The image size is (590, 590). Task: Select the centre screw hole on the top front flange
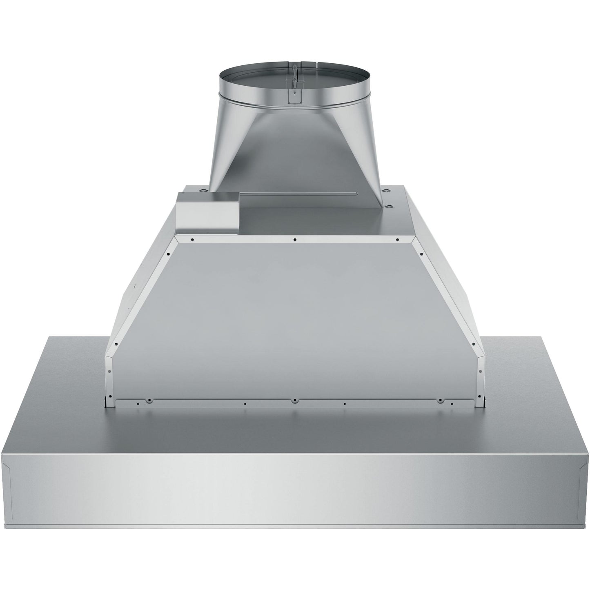(x=295, y=240)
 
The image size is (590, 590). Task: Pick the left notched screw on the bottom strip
(x=150, y=400)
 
